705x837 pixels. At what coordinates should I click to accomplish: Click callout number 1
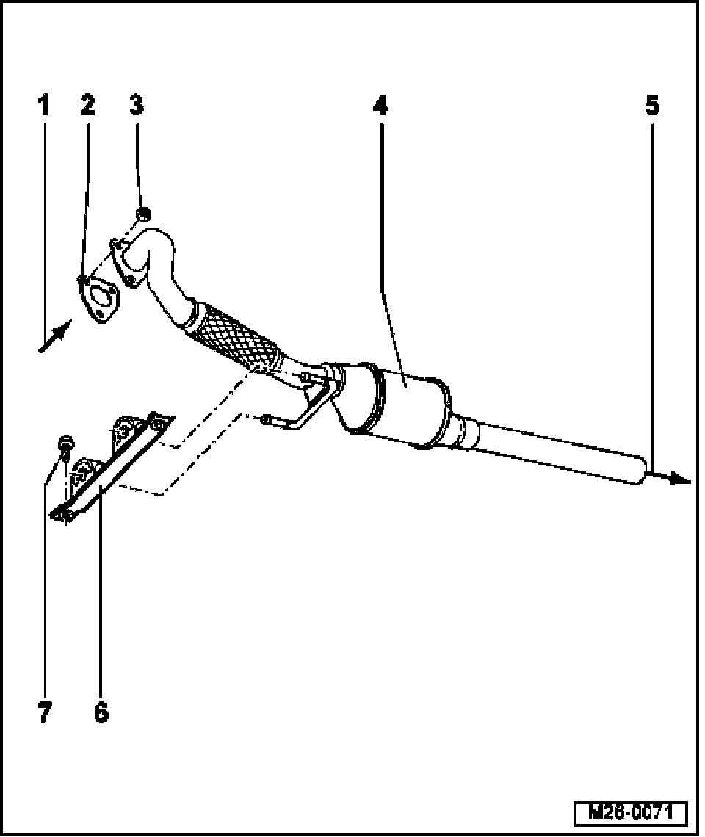43,106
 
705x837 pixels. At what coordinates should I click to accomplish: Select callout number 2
87,106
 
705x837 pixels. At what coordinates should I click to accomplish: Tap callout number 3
137,106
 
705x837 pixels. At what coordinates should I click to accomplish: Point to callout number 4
379,106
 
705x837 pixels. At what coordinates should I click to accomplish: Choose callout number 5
651,106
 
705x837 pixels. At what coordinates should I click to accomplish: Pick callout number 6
101,711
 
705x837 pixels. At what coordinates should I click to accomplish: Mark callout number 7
46,711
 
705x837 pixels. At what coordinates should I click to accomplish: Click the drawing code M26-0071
630,813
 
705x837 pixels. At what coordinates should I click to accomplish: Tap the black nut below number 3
143,214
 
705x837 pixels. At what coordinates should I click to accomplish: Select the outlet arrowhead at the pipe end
679,480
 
